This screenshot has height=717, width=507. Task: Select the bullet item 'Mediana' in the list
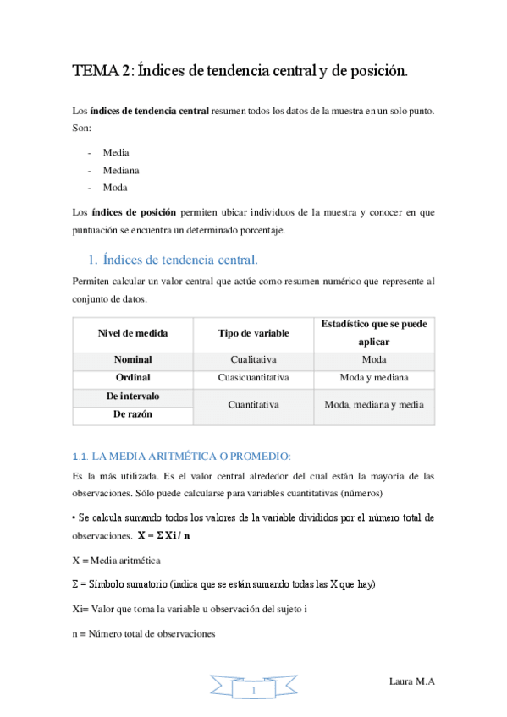point(121,169)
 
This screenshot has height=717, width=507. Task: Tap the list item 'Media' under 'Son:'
point(116,152)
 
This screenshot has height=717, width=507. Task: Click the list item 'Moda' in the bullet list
point(115,187)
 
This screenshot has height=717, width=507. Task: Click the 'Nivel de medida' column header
point(133,332)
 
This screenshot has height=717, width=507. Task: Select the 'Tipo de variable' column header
point(253,332)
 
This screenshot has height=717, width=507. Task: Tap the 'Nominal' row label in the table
point(133,359)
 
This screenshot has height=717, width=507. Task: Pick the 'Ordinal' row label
point(133,377)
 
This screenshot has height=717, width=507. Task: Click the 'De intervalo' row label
point(133,396)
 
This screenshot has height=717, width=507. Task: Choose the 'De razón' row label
point(133,414)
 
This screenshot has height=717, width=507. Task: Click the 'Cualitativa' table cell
point(253,359)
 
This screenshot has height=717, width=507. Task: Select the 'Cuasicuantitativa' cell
point(253,377)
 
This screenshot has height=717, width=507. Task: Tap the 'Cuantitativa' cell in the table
point(253,405)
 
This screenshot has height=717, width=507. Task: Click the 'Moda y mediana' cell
point(373,377)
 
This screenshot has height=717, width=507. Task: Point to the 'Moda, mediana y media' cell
point(373,405)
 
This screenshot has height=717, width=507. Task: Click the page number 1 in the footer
point(253,693)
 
